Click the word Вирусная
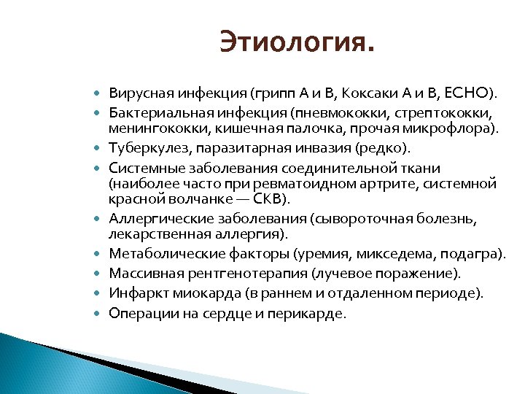click(136, 94)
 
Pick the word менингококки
click(149, 130)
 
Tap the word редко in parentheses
click(386, 149)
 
